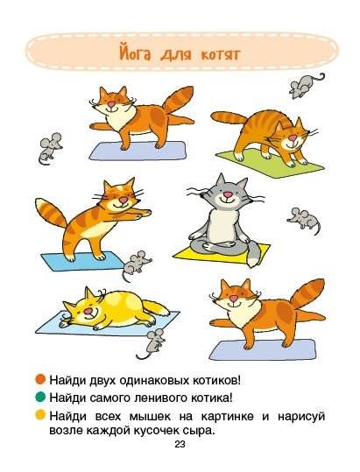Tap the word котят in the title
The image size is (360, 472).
point(216,54)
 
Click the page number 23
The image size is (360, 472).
point(180,444)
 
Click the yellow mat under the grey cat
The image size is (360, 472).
point(197,252)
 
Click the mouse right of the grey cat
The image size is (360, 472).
point(303,217)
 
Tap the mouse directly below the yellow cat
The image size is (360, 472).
point(150,343)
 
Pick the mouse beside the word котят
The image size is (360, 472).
point(303,85)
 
